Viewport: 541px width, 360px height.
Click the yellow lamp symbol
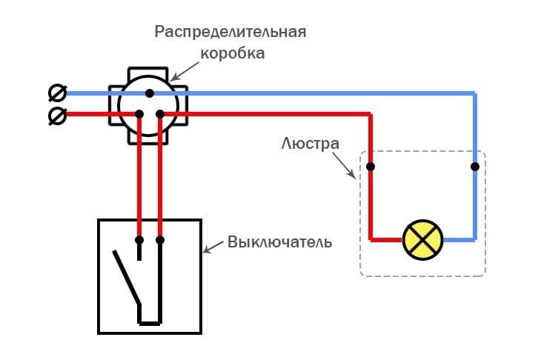tap(422, 240)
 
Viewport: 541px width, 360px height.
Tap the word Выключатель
tap(279, 242)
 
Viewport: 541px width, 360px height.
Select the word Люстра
tap(310, 142)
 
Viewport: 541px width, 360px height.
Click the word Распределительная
tap(230, 33)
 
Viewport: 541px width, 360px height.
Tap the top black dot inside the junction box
tap(149, 93)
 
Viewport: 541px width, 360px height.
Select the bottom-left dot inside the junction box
tap(139, 114)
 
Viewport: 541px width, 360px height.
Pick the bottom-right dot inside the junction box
tap(160, 114)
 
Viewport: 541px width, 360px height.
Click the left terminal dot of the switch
tap(139, 240)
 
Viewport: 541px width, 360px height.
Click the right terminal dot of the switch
tap(160, 240)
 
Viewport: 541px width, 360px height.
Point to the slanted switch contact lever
tap(125, 276)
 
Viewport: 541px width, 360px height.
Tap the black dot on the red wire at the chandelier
tap(371, 167)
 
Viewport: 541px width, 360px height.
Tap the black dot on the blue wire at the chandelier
tap(474, 167)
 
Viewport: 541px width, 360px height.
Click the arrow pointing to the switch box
tap(213, 247)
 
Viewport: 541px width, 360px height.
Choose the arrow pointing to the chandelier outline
tap(348, 166)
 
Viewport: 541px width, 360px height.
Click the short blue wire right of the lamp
tap(459, 240)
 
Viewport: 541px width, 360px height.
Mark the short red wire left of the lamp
tap(385, 240)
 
